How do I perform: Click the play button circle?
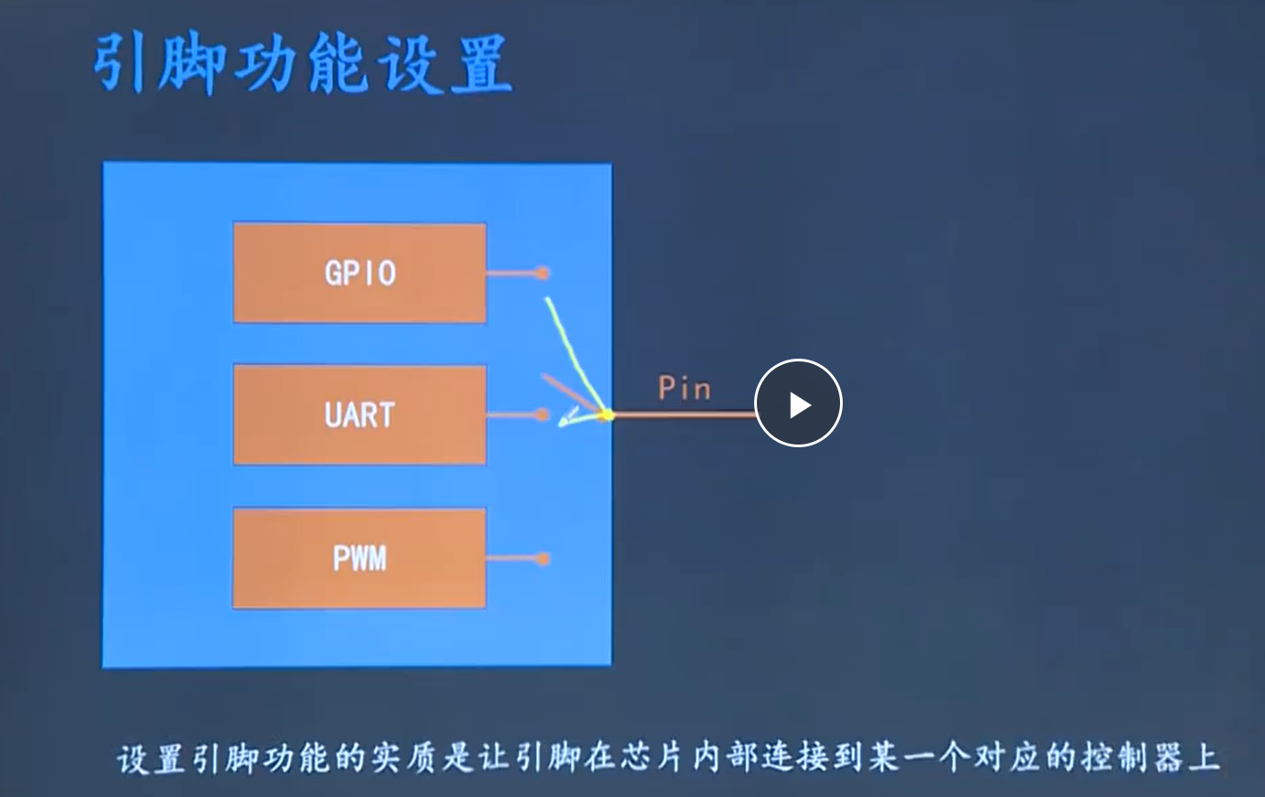coord(798,403)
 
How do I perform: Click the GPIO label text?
coord(360,273)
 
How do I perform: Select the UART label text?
coord(360,415)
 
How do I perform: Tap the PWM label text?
coord(360,559)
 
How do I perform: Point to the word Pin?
coord(684,388)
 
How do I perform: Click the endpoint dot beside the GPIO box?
coord(542,273)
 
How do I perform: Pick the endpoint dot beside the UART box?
coord(542,415)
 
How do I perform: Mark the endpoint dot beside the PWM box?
coord(542,559)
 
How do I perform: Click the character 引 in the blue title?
coord(121,64)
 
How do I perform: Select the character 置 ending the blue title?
coord(480,64)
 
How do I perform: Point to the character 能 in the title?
coord(335,64)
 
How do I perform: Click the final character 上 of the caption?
coord(1204,759)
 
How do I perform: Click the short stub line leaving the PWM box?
coord(512,559)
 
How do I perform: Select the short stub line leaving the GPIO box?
coord(512,273)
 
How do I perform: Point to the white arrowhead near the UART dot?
coord(566,420)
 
